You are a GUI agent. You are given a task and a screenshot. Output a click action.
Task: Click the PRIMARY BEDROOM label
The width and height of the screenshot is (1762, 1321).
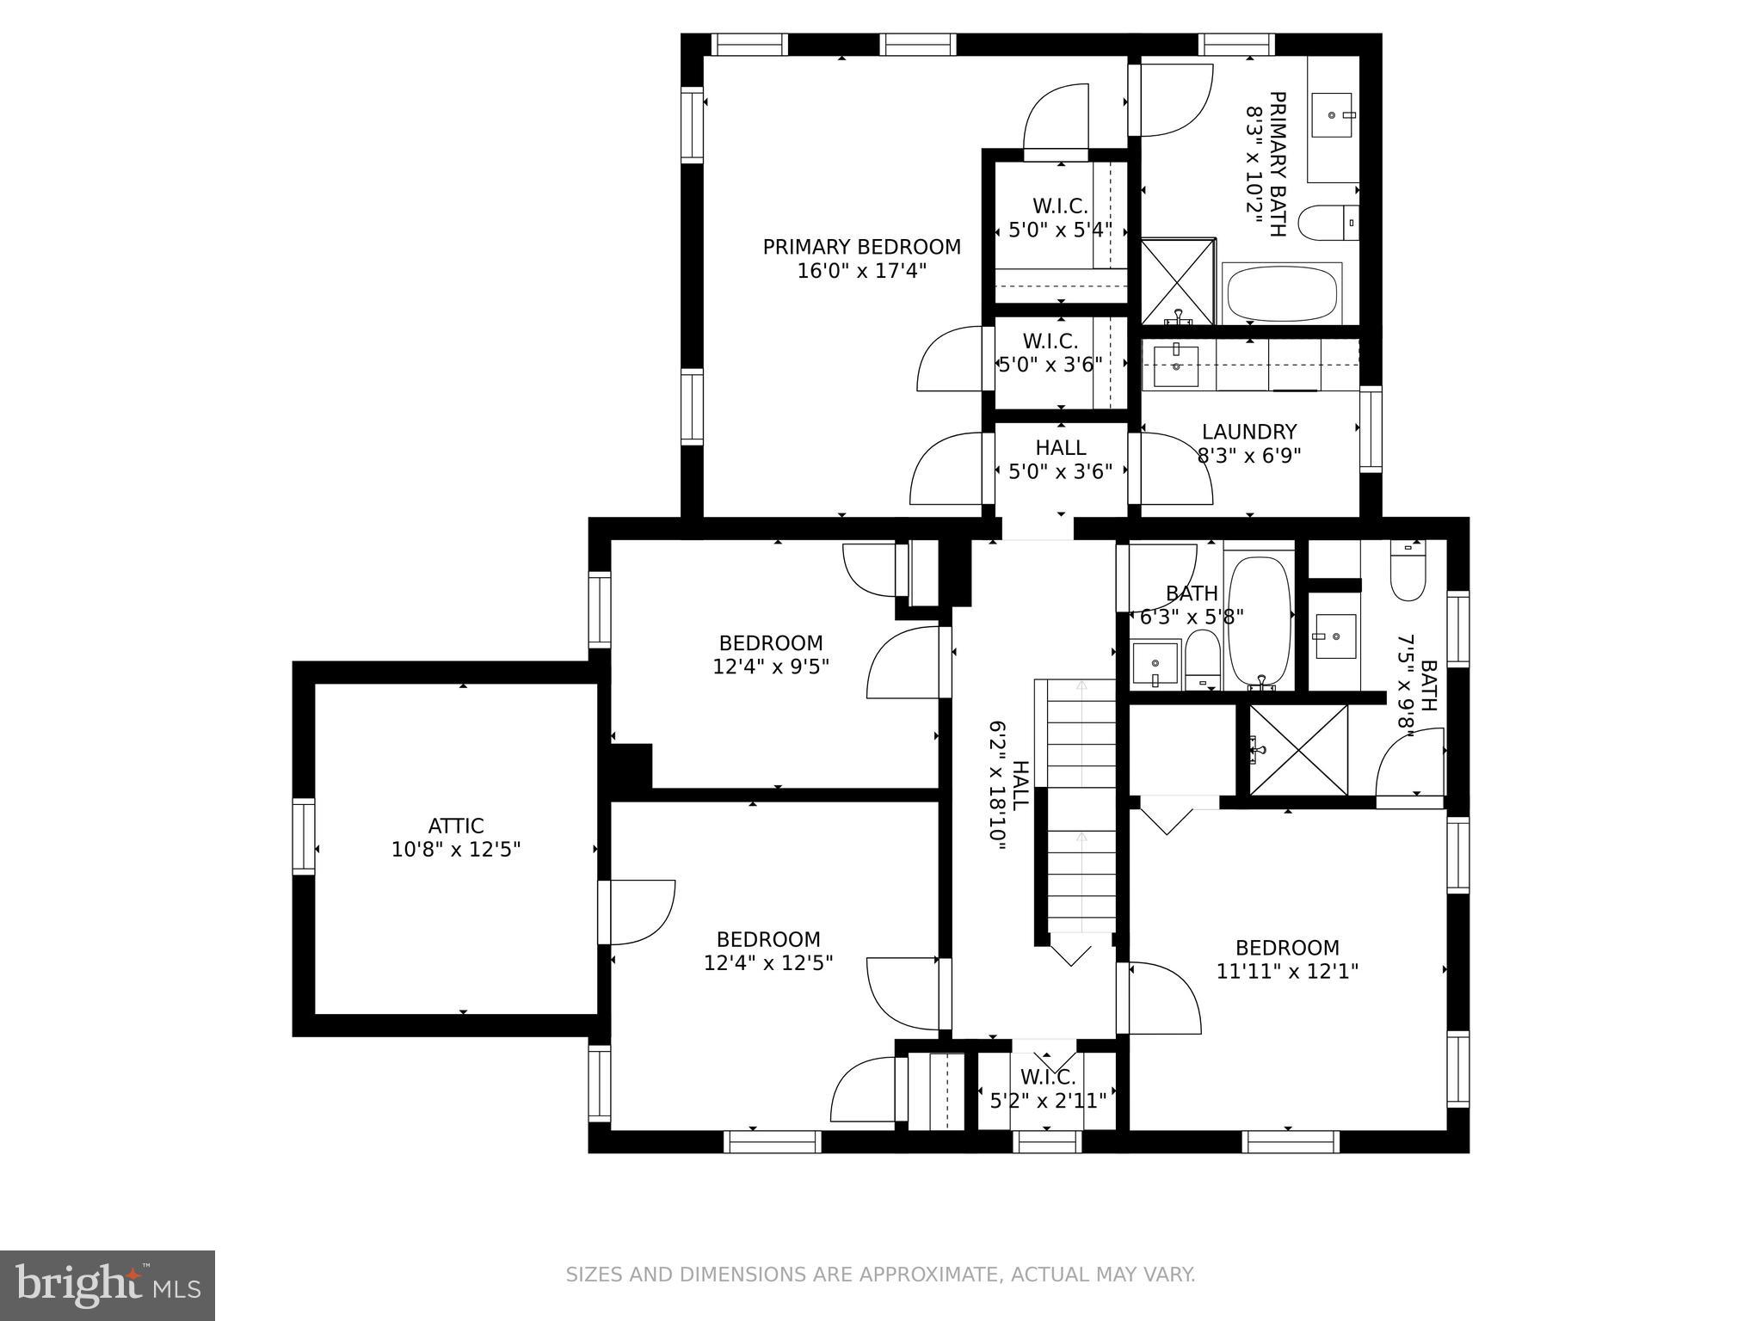[861, 247]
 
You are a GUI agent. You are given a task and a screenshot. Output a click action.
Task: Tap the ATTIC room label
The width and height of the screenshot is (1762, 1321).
[456, 826]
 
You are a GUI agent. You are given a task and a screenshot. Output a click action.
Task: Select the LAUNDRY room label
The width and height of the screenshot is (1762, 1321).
[1249, 432]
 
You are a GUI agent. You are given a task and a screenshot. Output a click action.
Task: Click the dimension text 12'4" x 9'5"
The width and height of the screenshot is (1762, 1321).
[771, 667]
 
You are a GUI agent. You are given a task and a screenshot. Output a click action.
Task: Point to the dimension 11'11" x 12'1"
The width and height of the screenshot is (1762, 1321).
[1287, 972]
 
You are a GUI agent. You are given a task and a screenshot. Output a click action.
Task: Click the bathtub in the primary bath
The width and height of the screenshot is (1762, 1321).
[1282, 294]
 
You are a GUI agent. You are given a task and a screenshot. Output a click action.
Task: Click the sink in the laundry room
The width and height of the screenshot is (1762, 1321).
[1175, 365]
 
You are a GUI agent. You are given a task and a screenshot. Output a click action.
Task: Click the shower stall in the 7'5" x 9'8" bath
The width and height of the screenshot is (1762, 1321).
[1298, 750]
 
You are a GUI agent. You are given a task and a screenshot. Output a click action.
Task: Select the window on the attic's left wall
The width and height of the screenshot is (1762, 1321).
[304, 836]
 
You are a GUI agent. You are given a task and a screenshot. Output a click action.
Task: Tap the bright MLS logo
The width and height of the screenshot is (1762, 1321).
[107, 1285]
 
